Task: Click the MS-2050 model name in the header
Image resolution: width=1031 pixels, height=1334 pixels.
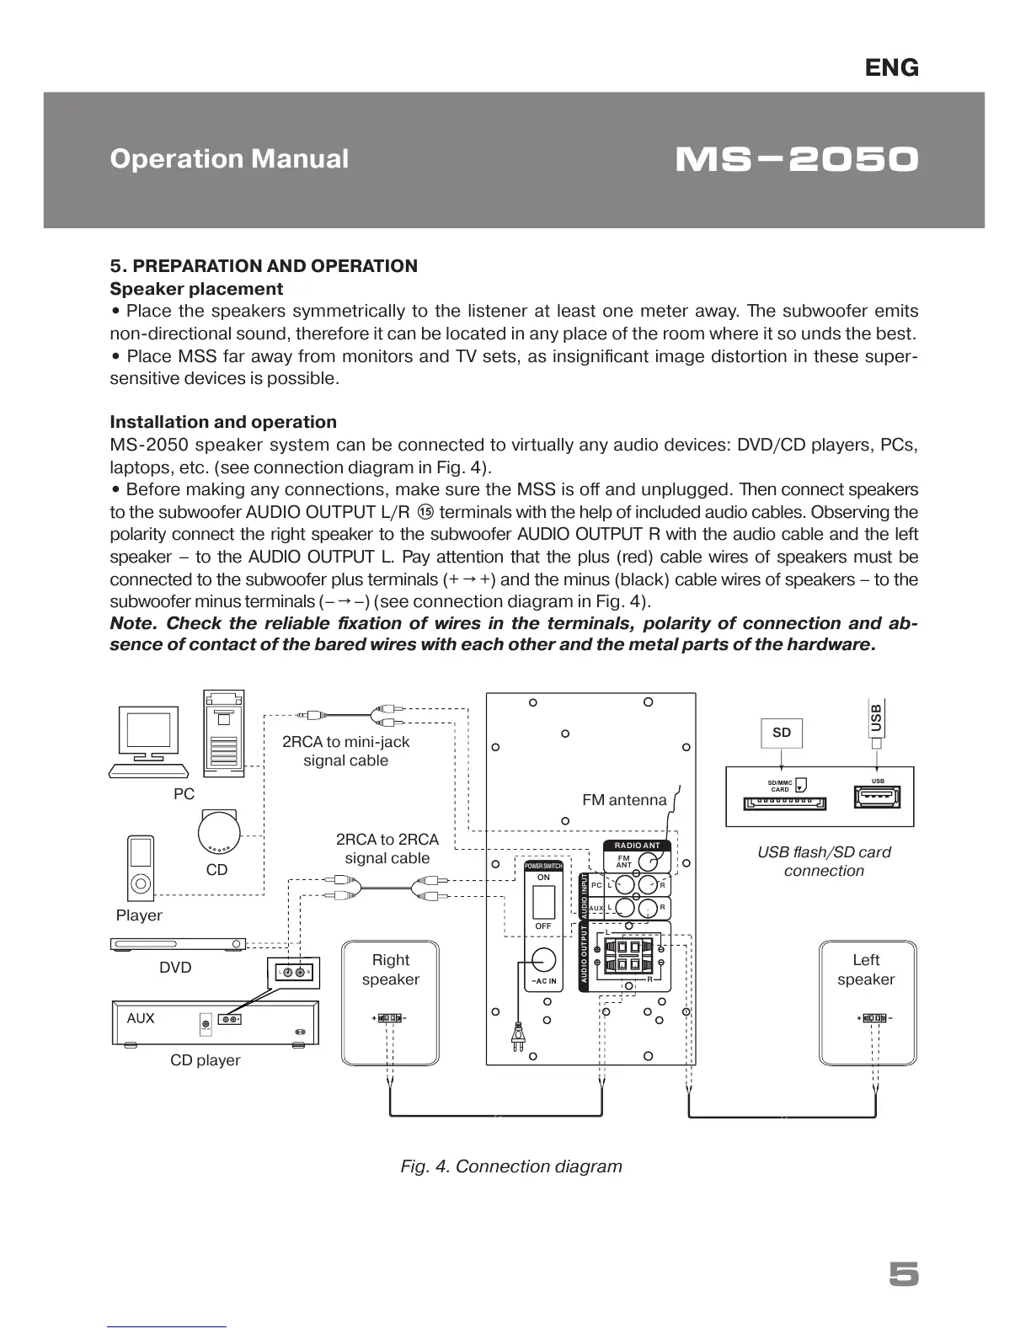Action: coord(796,159)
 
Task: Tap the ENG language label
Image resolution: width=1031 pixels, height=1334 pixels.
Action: coord(892,68)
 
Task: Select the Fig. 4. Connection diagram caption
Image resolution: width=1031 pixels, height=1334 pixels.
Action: coord(511,1166)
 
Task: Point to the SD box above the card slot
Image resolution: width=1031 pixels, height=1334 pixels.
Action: coord(782,733)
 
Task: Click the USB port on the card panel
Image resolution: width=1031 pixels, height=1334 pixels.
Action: coord(878,797)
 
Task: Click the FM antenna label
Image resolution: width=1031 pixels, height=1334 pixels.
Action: coord(624,800)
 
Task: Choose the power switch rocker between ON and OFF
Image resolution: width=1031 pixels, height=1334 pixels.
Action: coord(543,902)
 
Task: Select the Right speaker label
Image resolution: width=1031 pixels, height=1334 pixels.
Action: coord(390,969)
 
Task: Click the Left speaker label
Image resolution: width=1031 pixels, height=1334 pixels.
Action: coord(866,969)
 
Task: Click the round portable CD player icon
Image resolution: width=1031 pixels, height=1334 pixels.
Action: coord(219,832)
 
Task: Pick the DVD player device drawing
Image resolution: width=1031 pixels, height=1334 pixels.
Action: coord(178,944)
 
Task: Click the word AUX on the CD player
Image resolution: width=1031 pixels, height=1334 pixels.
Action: coord(141,1018)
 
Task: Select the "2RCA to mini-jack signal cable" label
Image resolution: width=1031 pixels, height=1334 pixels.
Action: coord(345,751)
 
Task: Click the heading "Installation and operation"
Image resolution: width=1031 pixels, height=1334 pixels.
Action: coord(223,422)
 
